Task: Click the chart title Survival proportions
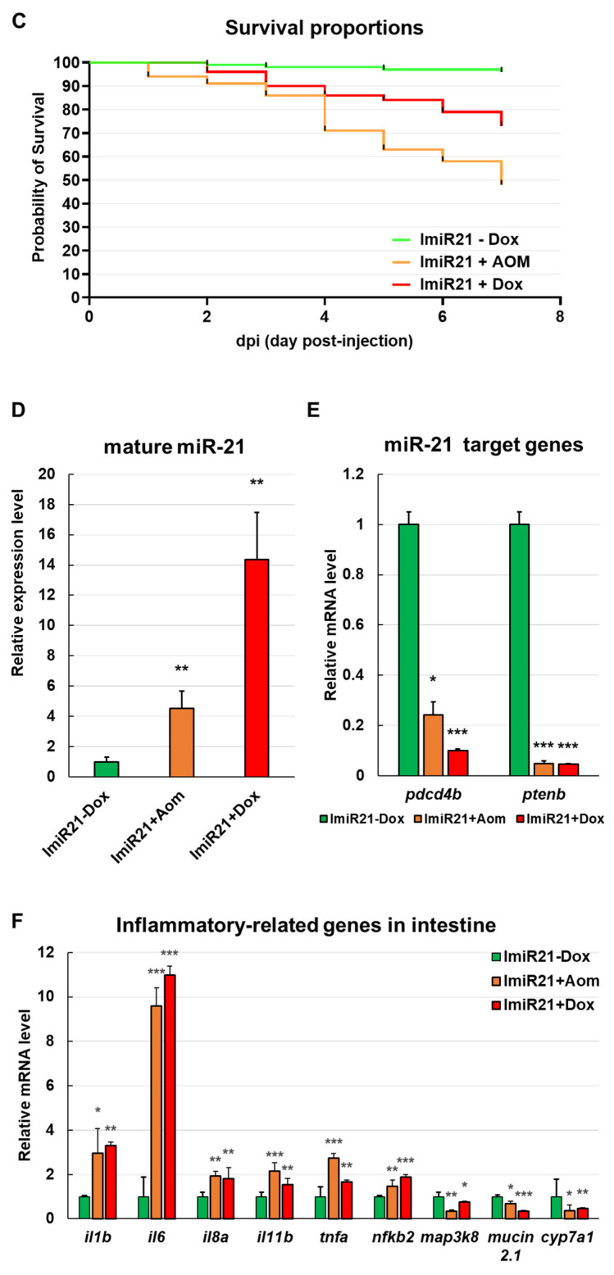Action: pos(324,28)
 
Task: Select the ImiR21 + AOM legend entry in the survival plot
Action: pos(462,262)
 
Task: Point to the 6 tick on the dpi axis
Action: pos(443,316)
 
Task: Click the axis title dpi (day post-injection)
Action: pos(324,342)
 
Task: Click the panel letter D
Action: pos(18,410)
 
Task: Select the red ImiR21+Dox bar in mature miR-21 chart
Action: pos(257,668)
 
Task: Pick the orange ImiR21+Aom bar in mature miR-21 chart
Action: pos(182,742)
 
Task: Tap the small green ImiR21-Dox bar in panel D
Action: pos(107,769)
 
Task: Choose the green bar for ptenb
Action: pos(519,650)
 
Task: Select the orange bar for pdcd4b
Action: pos(434,745)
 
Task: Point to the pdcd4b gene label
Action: pos(434,794)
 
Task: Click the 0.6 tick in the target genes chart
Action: pos(353,624)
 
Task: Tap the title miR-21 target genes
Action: pos(484,445)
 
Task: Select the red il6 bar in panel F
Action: pos(170,1097)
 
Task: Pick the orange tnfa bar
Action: pos(334,1188)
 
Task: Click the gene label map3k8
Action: pos(450,1237)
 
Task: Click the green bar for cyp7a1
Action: pos(557,1207)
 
